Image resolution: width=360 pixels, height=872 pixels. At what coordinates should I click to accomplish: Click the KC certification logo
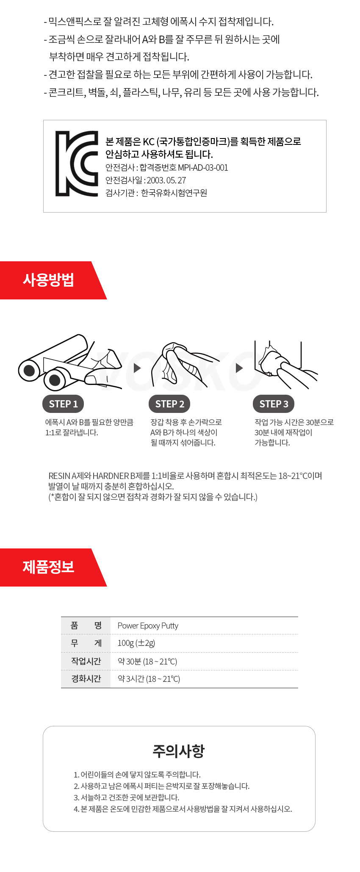click(77, 163)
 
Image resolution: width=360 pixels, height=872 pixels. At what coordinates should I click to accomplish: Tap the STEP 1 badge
click(63, 404)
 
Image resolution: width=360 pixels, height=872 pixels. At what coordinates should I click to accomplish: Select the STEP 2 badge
click(169, 404)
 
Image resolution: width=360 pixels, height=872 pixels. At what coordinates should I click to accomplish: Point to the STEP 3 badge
click(274, 404)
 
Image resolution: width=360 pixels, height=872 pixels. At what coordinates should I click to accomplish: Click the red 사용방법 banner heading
click(49, 280)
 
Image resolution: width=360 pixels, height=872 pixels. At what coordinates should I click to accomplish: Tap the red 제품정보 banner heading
click(49, 567)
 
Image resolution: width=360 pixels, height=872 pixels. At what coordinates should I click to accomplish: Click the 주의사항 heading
click(179, 751)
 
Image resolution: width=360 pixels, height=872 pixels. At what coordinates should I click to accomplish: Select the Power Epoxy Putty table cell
click(148, 626)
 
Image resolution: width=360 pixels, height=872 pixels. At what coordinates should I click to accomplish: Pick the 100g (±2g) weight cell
click(136, 643)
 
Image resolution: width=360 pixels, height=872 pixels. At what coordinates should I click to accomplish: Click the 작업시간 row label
click(86, 661)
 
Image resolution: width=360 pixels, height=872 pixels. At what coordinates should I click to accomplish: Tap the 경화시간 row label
click(86, 678)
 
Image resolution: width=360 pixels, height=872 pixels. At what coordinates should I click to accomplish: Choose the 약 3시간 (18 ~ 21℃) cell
click(149, 679)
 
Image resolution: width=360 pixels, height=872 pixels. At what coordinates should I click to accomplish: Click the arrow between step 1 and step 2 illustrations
click(137, 368)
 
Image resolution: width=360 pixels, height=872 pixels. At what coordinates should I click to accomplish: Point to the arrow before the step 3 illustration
click(239, 368)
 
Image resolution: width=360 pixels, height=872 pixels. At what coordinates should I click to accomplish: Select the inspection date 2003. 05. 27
click(166, 180)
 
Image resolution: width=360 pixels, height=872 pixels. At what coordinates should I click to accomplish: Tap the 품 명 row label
click(86, 626)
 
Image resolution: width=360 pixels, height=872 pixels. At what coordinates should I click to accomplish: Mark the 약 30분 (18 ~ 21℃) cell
click(147, 662)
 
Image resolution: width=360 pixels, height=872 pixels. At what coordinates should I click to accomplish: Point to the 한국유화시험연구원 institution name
click(174, 193)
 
